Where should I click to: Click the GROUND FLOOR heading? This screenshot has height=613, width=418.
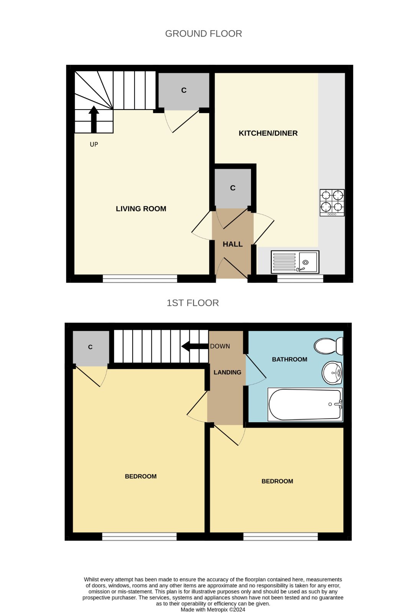point(203,34)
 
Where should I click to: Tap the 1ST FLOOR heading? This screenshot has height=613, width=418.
point(193,303)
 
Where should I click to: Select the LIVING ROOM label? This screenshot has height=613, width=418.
point(141,209)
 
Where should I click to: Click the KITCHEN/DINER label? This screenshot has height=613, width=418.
point(268,133)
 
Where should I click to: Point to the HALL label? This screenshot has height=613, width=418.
point(233,244)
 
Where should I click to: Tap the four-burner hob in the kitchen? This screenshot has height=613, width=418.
point(332,203)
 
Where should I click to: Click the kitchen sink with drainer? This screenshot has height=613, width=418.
point(295,262)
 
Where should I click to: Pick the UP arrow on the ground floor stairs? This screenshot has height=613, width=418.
point(93,119)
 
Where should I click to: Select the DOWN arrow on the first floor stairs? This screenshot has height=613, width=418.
point(195,346)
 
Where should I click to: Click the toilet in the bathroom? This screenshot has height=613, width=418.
point(328,346)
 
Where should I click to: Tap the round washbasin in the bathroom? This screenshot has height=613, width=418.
point(332,373)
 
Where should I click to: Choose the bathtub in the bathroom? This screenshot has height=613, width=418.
point(305,405)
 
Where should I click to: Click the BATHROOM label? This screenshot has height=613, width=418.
point(289,359)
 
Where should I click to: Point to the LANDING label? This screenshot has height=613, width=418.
point(228,372)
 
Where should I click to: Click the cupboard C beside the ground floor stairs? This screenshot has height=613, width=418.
point(184,90)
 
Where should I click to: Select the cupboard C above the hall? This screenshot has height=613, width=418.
point(233,188)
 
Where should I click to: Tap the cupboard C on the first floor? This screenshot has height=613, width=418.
point(90,347)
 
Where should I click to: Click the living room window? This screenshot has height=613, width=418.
point(140,279)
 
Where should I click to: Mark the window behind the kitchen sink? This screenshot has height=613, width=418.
point(300,279)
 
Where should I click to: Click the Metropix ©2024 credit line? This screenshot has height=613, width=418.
point(213,610)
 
